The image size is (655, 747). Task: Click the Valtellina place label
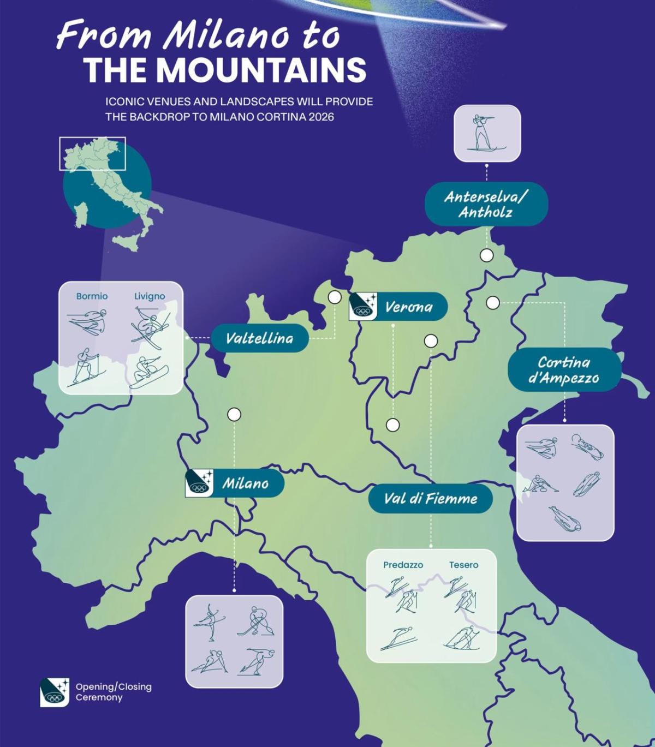tap(259, 338)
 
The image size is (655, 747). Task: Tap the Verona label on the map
tap(408, 307)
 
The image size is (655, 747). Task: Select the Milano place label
tap(245, 483)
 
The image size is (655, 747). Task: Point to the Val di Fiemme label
tap(430, 499)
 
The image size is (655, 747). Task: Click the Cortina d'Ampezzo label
tap(564, 370)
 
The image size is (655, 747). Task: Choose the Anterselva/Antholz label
tap(486, 204)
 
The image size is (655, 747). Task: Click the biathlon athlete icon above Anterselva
tap(486, 133)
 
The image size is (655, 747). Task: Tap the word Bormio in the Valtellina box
tap(92, 296)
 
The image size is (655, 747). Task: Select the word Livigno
tap(150, 296)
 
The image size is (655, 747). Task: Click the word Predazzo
tap(403, 565)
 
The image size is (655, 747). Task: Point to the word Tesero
tap(463, 565)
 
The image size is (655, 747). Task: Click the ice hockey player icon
tap(257, 621)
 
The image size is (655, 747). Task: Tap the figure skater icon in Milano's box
tap(210, 622)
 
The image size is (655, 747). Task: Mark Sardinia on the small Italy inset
tap(81, 216)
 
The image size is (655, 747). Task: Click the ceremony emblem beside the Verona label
tap(363, 306)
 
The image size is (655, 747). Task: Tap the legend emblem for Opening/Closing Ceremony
tap(55, 692)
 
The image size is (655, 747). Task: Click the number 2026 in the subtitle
tap(320, 117)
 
